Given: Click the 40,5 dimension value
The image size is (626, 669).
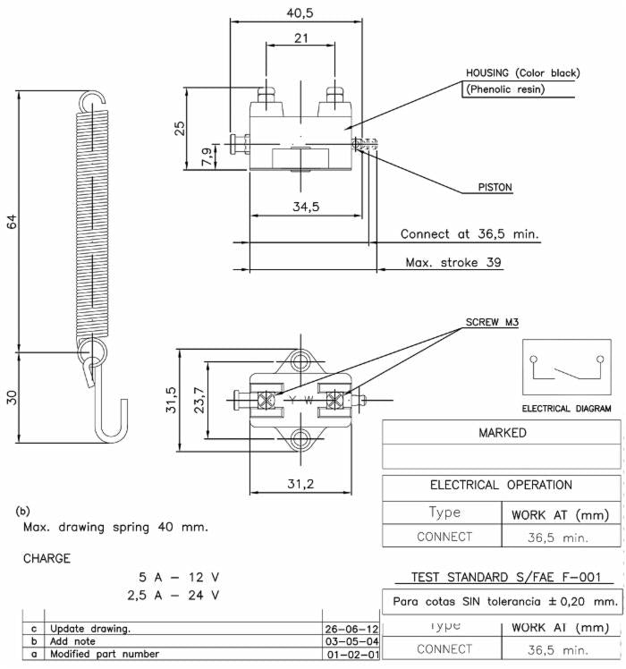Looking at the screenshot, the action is pyautogui.click(x=300, y=13).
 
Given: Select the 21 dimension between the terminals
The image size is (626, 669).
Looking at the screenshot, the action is pyautogui.click(x=300, y=38).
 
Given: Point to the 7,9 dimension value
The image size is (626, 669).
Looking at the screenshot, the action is pyautogui.click(x=207, y=157).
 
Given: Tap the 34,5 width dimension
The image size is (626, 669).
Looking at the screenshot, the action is pyautogui.click(x=306, y=207).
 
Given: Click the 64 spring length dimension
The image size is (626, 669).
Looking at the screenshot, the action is pyautogui.click(x=12, y=222).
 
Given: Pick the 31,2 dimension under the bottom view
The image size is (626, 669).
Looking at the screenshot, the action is pyautogui.click(x=300, y=484).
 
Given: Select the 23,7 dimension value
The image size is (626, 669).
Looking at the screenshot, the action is pyautogui.click(x=199, y=400).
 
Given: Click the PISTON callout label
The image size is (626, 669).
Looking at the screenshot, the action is pyautogui.click(x=495, y=187).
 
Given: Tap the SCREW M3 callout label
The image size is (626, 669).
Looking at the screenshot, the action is pyautogui.click(x=492, y=322).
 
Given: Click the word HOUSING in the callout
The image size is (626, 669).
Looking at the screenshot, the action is pyautogui.click(x=487, y=73).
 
